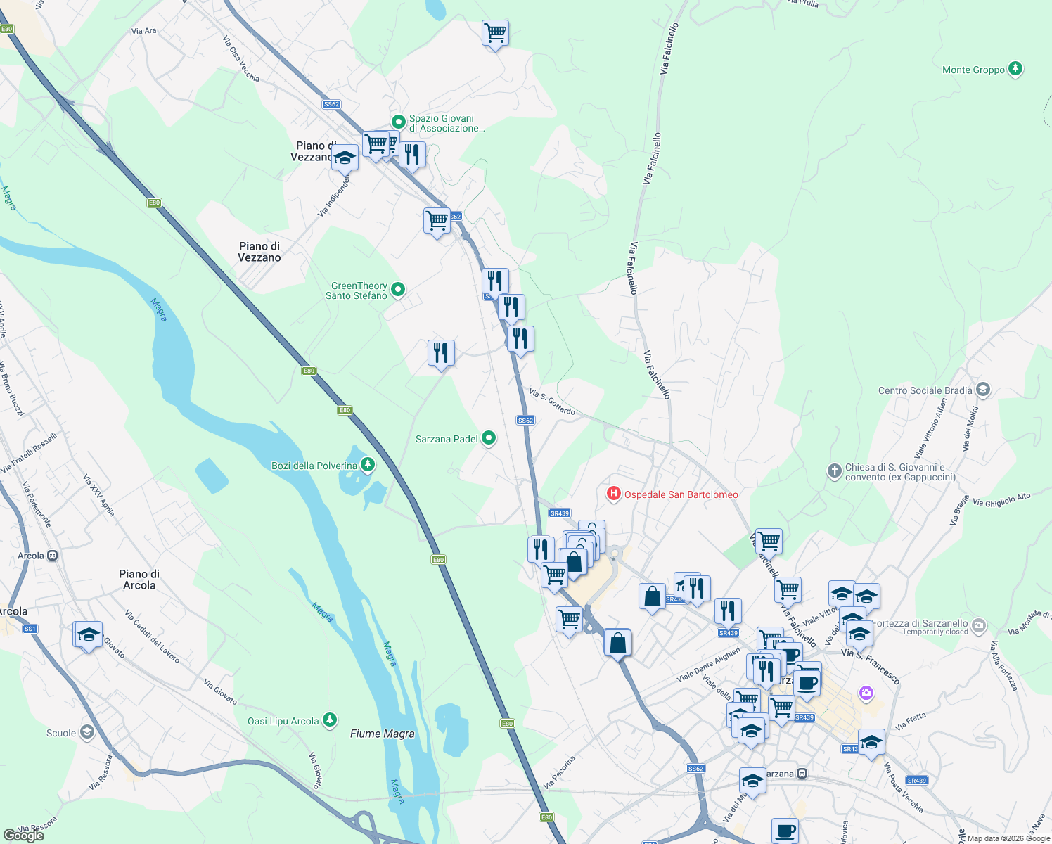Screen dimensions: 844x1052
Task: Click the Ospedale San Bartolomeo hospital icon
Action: (614, 494)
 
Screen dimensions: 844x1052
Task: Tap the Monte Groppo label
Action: (973, 70)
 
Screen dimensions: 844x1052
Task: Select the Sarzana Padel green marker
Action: (488, 438)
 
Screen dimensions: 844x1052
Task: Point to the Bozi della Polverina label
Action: (314, 466)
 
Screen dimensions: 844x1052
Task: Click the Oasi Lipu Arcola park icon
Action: (330, 720)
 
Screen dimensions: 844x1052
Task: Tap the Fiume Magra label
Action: (382, 734)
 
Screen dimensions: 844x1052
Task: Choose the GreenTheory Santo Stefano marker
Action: (398, 289)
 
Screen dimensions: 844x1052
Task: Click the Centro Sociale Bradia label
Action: (925, 390)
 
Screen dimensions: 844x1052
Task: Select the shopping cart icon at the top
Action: (495, 32)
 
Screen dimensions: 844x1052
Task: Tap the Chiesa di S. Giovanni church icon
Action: (834, 471)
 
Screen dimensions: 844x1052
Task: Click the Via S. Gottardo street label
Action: (552, 402)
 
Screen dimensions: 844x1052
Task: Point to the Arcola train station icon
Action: (52, 556)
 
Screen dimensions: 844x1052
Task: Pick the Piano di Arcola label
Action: (139, 580)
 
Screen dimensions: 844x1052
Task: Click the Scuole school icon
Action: (86, 732)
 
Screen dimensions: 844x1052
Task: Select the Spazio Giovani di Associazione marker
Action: (398, 122)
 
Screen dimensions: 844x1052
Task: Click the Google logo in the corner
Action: (24, 835)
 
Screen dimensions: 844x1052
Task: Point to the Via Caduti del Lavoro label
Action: (152, 637)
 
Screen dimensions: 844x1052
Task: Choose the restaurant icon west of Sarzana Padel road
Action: (441, 352)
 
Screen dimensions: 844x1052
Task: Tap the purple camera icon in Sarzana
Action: (866, 693)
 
